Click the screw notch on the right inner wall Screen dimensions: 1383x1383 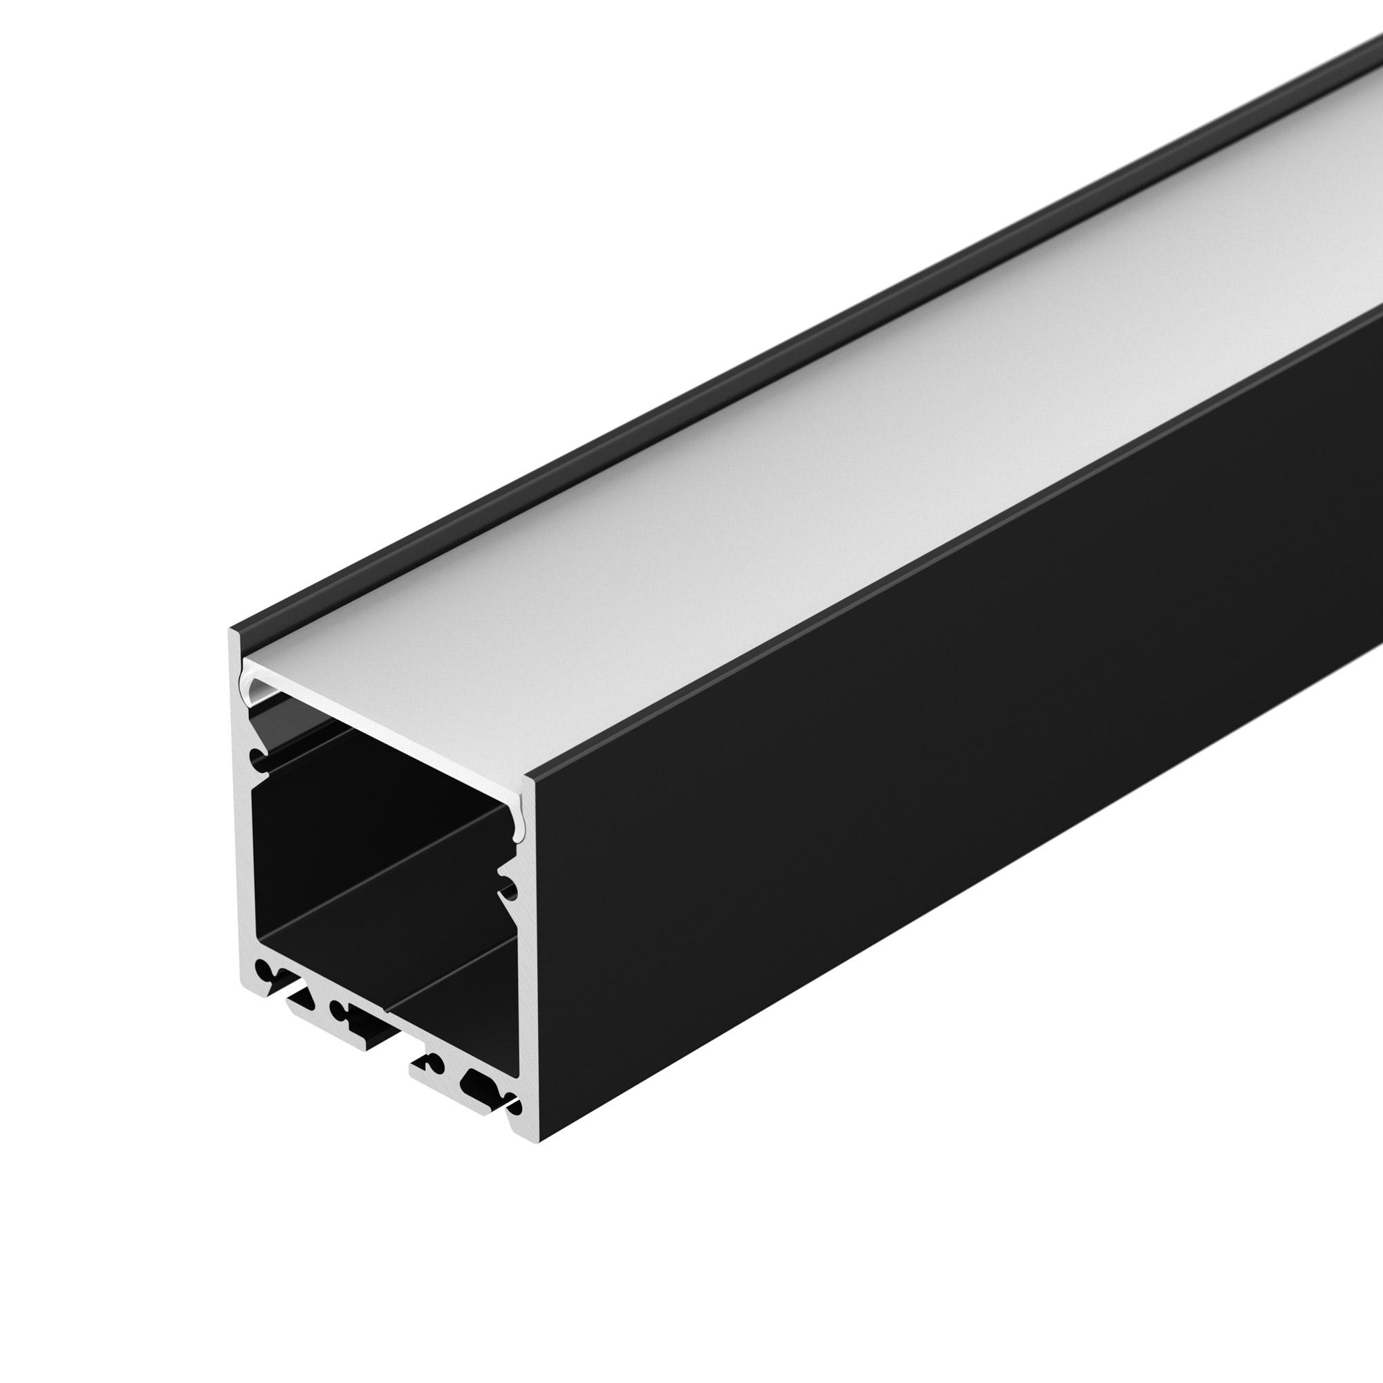pyautogui.click(x=510, y=891)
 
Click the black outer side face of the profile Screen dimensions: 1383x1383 pyautogui.click(x=931, y=788)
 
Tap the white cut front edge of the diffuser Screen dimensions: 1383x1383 pyautogui.click(x=387, y=723)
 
